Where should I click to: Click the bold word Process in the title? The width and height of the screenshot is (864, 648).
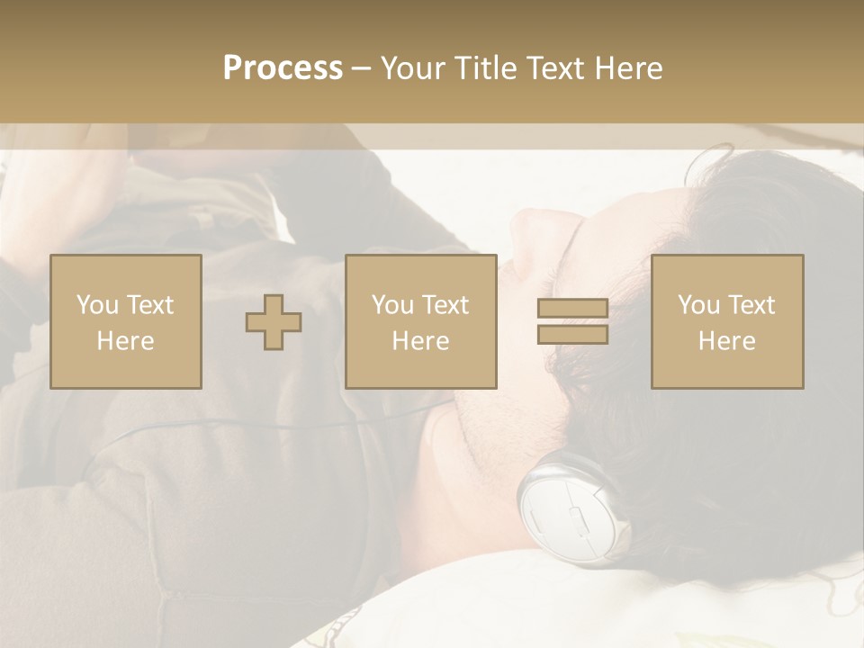tap(283, 68)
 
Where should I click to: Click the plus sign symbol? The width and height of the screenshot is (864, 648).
tap(274, 322)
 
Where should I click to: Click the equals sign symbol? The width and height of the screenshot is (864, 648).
tap(572, 322)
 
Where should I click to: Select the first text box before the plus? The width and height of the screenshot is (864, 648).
tap(125, 321)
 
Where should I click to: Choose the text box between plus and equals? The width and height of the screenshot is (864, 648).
tap(420, 321)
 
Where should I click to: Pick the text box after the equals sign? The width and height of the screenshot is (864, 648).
tap(726, 321)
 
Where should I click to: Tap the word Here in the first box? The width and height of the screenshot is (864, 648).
tap(125, 341)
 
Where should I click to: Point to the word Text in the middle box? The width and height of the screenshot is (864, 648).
tap(445, 305)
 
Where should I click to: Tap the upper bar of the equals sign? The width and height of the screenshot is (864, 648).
tap(572, 309)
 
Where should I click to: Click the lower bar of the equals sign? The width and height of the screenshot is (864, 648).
tap(572, 335)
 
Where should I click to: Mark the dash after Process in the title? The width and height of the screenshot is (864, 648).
tap(362, 69)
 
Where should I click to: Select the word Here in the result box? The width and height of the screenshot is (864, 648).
tap(726, 341)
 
